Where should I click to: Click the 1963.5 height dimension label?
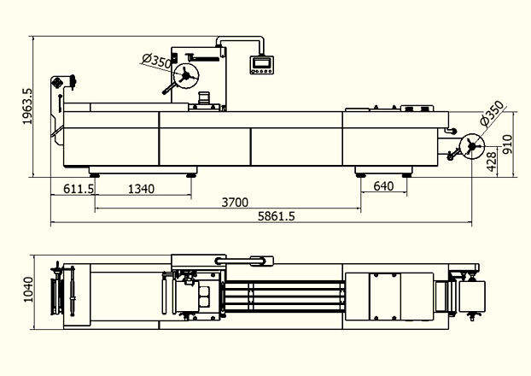27,107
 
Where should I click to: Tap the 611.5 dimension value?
79,189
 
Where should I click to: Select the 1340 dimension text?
141,189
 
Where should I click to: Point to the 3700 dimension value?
235,203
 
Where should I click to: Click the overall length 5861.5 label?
277,216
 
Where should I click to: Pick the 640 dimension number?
383,186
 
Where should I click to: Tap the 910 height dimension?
507,144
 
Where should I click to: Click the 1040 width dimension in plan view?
28,289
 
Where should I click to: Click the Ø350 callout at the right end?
492,114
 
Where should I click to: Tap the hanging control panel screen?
261,62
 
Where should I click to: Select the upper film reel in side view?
186,76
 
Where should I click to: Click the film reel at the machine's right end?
472,146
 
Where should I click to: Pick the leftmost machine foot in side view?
94,175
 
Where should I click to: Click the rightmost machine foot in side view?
406,175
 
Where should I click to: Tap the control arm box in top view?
262,261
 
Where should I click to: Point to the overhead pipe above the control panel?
240,38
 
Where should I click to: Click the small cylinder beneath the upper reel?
204,97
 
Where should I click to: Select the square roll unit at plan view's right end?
472,297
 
